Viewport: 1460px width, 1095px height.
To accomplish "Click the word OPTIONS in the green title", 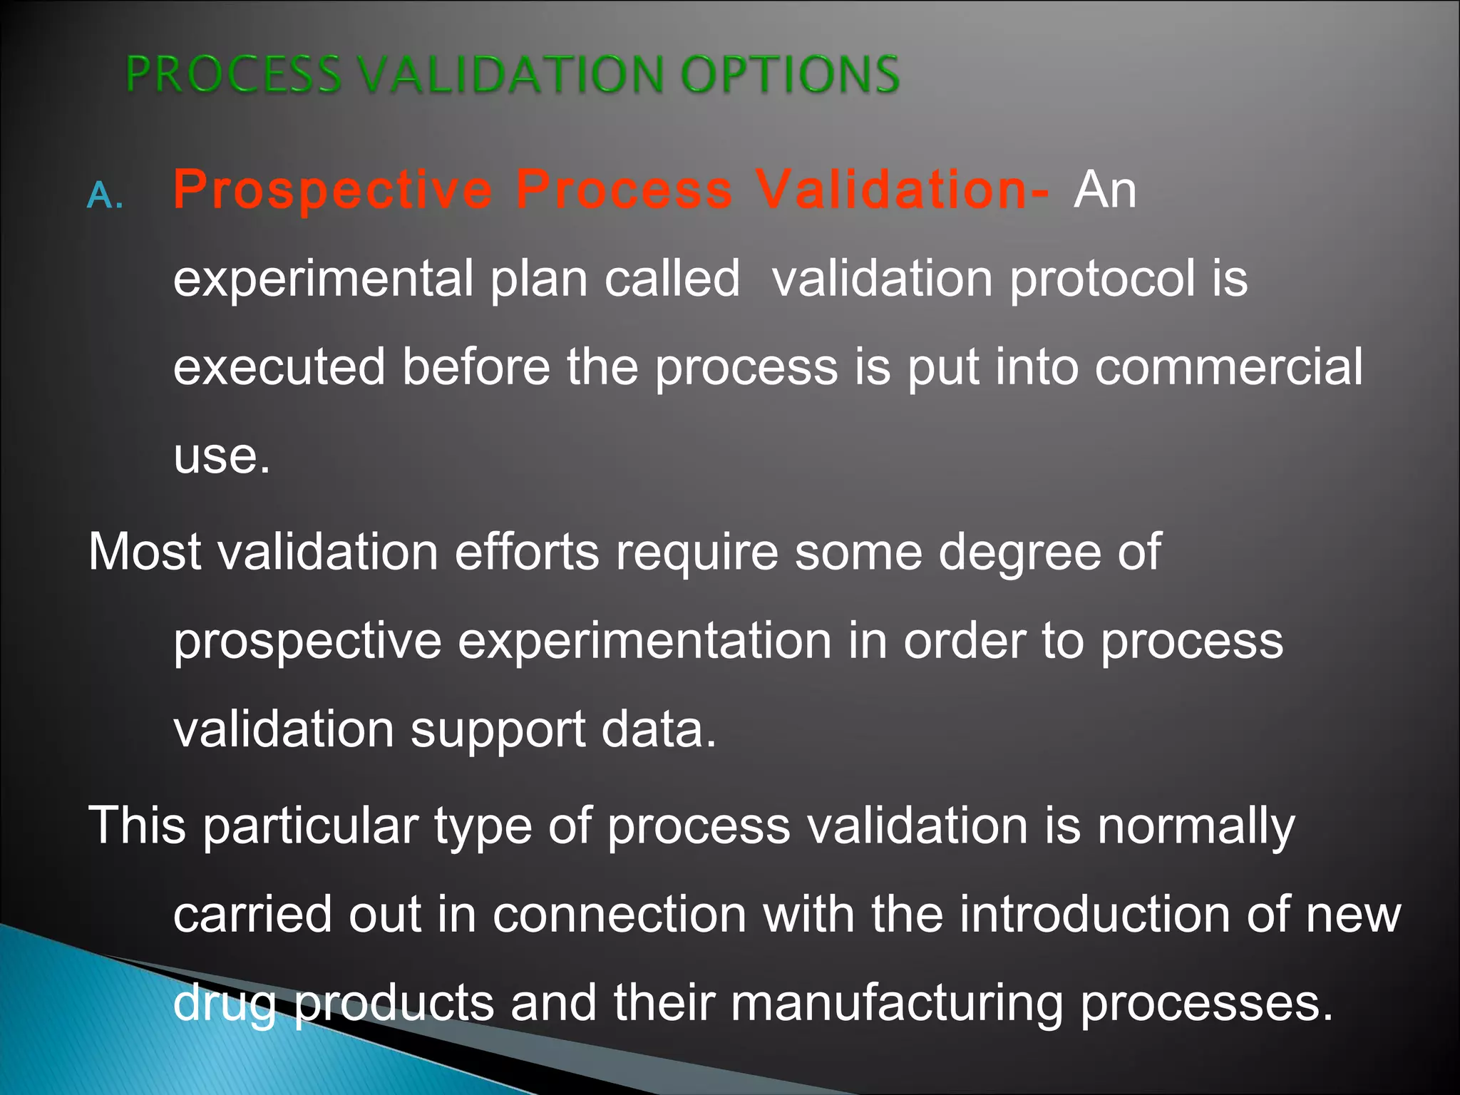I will tap(790, 74).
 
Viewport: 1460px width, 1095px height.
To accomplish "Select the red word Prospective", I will tap(333, 190).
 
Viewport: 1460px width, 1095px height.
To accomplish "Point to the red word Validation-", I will tap(902, 189).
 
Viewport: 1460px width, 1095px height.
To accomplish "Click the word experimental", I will tap(323, 279).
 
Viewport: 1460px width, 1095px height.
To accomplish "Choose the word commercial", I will tap(1228, 367).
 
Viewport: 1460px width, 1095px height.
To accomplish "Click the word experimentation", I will tap(644, 641).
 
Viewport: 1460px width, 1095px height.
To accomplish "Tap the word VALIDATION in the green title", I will tap(510, 74).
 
